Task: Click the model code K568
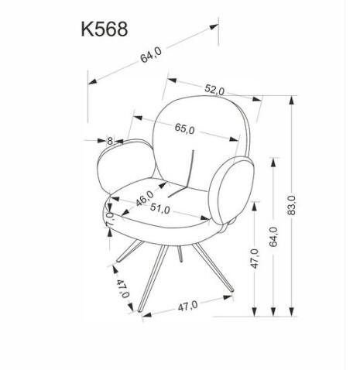(x=104, y=29)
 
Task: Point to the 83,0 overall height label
(x=291, y=207)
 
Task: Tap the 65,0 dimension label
(x=184, y=128)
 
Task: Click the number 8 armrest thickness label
(x=110, y=140)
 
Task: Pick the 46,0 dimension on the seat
(x=145, y=198)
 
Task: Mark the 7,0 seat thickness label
(x=108, y=218)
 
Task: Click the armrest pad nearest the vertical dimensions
(x=234, y=194)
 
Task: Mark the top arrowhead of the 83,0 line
(x=293, y=99)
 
